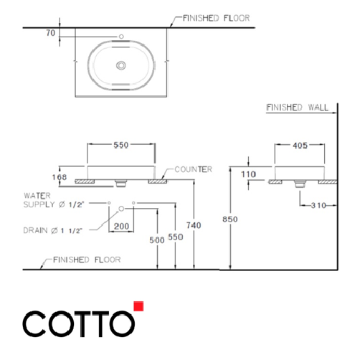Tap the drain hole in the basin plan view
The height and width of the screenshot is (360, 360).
click(x=121, y=65)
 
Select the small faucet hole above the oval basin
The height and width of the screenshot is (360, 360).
click(x=121, y=37)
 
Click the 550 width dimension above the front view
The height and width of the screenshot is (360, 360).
click(x=121, y=145)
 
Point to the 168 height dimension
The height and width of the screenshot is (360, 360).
click(x=60, y=176)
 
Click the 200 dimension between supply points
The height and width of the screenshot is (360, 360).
click(x=121, y=225)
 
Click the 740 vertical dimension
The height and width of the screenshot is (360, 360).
click(x=193, y=225)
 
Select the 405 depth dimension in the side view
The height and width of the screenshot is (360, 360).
click(x=300, y=146)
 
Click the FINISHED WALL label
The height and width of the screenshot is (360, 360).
click(x=297, y=108)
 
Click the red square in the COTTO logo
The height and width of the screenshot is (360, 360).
click(x=139, y=307)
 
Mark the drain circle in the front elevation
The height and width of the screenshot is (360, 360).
click(x=121, y=209)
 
